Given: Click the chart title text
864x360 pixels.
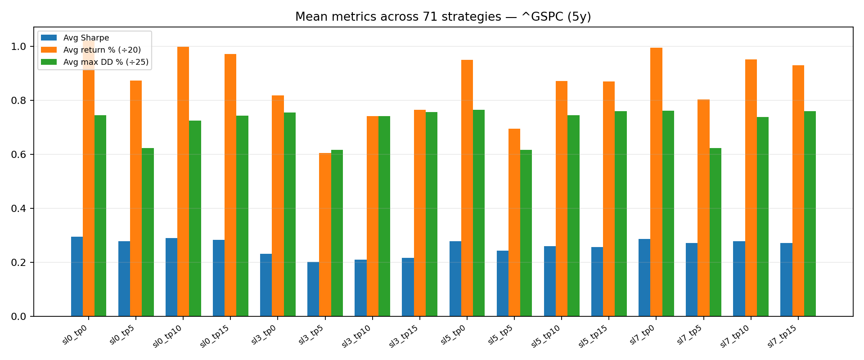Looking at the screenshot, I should (x=443, y=17).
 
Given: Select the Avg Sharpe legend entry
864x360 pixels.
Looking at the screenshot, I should (x=86, y=38).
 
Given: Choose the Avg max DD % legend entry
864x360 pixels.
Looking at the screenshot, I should (x=106, y=62).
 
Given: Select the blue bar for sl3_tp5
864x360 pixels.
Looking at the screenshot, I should (x=313, y=289).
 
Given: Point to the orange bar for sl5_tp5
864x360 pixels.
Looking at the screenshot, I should (x=514, y=222).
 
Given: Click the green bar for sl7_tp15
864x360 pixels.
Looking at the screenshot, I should (x=810, y=214).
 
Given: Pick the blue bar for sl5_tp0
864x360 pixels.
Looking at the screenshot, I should (x=455, y=279).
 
